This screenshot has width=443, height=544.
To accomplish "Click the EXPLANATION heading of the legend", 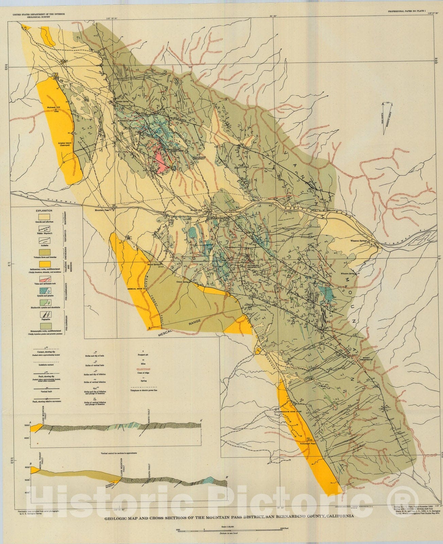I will click(44, 210).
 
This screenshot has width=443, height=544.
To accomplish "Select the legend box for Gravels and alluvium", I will click(44, 217).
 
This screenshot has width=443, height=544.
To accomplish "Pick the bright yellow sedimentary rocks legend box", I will click(44, 264).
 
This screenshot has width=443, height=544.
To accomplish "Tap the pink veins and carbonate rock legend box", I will click(44, 278).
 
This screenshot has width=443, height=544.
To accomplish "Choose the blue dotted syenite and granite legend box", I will click(44, 291).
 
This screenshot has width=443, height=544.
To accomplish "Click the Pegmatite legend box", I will click(44, 314).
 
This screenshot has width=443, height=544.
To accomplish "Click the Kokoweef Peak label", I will click(308, 444).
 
